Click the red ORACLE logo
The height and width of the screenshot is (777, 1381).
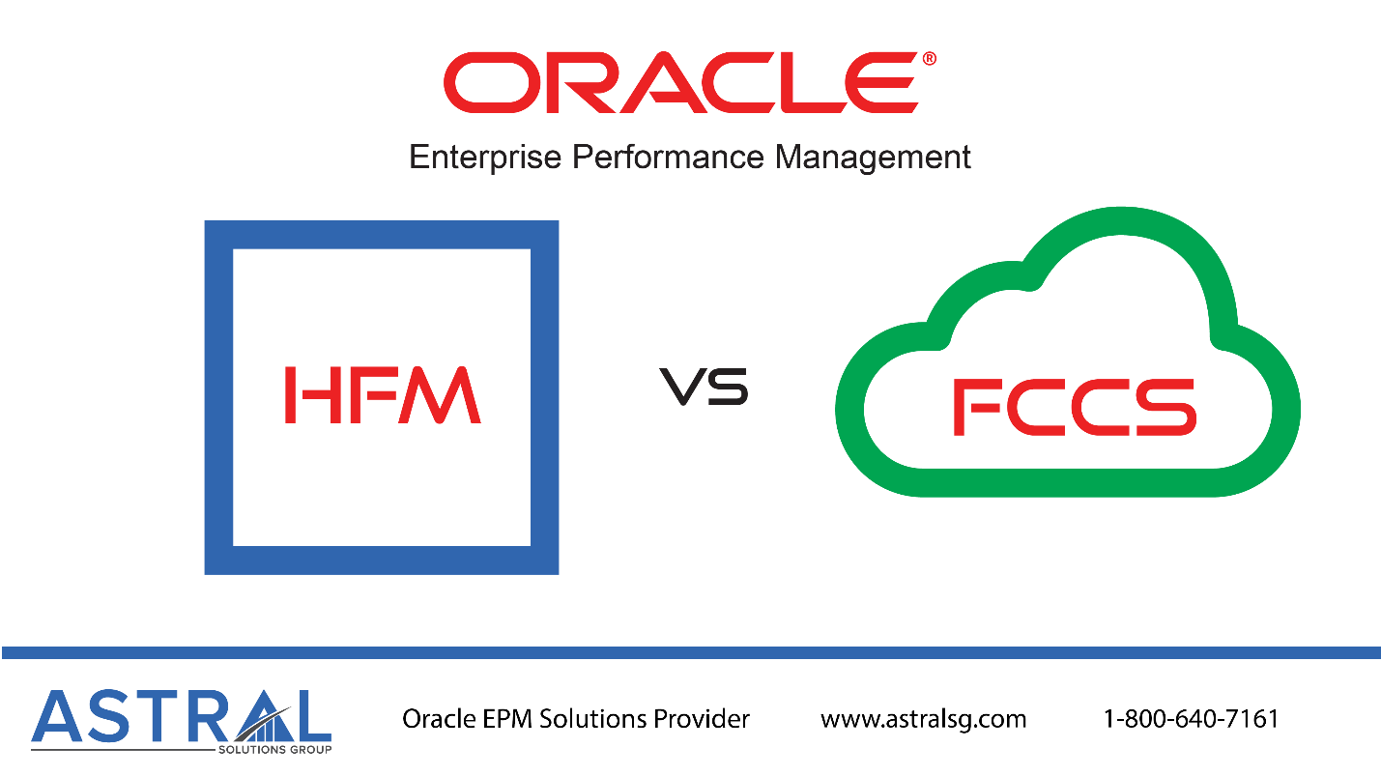pyautogui.click(x=681, y=83)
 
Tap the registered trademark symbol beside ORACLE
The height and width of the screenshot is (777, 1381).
pyautogui.click(x=929, y=59)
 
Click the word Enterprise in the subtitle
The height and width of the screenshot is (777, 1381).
pyautogui.click(x=485, y=158)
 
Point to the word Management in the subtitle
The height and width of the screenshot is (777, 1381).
pyautogui.click(x=873, y=158)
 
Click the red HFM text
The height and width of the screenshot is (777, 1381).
pyautogui.click(x=383, y=395)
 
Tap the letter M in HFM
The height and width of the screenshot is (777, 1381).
pyautogui.click(x=440, y=395)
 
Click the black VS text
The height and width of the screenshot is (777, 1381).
pyautogui.click(x=705, y=387)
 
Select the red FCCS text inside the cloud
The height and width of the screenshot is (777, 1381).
pyautogui.click(x=1075, y=407)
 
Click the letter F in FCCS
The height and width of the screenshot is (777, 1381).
pyautogui.click(x=977, y=407)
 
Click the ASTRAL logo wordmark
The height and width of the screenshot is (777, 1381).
pyautogui.click(x=182, y=716)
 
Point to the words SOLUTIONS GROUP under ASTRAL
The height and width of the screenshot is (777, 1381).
pyautogui.click(x=275, y=750)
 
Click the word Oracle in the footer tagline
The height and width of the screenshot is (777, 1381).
pyautogui.click(x=439, y=719)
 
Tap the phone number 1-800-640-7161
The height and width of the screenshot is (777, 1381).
pyautogui.click(x=1191, y=719)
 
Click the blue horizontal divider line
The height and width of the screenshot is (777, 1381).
pyautogui.click(x=691, y=653)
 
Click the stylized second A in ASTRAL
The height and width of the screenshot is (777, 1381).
pyautogui.click(x=265, y=716)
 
